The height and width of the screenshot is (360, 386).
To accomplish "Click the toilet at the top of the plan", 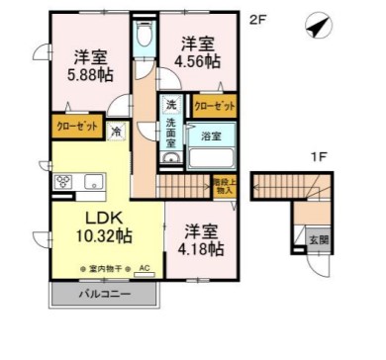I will [x=145, y=39].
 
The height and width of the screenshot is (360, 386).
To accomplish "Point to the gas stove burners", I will [x=66, y=181].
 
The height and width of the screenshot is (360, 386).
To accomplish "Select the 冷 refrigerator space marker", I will [x=116, y=130].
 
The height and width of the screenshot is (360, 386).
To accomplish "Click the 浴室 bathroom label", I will [x=210, y=137].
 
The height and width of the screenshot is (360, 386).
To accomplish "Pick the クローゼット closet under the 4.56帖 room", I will [x=214, y=106].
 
